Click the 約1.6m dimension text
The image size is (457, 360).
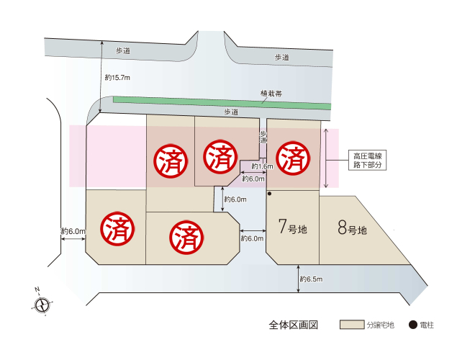coord(261,166)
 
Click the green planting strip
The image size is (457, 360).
coord(216,102)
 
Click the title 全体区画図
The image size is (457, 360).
coord(288,325)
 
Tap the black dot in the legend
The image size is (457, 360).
coord(412,325)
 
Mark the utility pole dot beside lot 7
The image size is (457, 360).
coord(269,194)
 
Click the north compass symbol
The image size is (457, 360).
coord(42,304)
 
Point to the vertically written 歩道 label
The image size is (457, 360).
coord(263,138)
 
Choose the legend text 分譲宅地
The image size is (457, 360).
coord(379,325)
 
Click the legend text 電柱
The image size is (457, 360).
coord(427,325)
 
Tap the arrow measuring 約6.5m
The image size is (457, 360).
coord(298,279)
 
